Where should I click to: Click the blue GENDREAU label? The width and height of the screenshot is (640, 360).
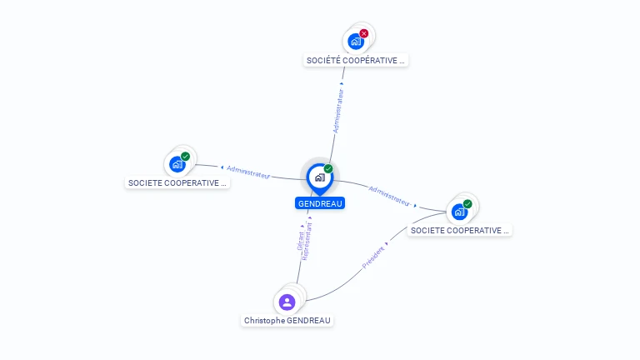(x=320, y=203)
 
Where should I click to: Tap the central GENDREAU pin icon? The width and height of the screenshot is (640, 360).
(x=320, y=179)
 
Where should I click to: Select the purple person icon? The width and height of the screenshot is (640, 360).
(x=287, y=302)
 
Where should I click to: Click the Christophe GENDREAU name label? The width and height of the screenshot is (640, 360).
(x=287, y=320)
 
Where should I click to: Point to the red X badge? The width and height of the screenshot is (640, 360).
(x=363, y=33)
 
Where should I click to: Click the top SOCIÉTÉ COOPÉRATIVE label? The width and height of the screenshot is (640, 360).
(x=356, y=60)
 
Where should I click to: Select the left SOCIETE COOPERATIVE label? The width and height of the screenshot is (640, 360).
(x=177, y=182)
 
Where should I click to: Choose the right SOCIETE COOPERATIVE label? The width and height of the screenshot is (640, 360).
(x=460, y=230)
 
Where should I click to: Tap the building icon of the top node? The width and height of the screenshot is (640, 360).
(x=356, y=42)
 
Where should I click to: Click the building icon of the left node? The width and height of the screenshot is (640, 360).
(x=177, y=164)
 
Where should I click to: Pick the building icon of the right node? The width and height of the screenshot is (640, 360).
(x=460, y=212)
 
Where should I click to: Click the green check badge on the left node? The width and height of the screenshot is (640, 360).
(x=185, y=157)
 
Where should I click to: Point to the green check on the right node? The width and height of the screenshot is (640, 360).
(x=467, y=203)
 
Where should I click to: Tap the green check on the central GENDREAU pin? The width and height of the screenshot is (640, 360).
(x=328, y=168)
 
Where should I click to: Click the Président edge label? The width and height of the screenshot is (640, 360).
(x=373, y=257)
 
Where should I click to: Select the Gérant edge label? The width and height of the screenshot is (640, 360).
(x=300, y=241)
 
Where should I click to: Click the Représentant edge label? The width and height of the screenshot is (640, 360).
(x=307, y=241)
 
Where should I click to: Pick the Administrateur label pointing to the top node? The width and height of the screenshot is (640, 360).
(x=338, y=111)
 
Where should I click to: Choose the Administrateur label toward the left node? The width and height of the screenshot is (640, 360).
(x=248, y=172)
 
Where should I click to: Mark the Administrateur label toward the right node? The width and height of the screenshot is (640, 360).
(x=389, y=196)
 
